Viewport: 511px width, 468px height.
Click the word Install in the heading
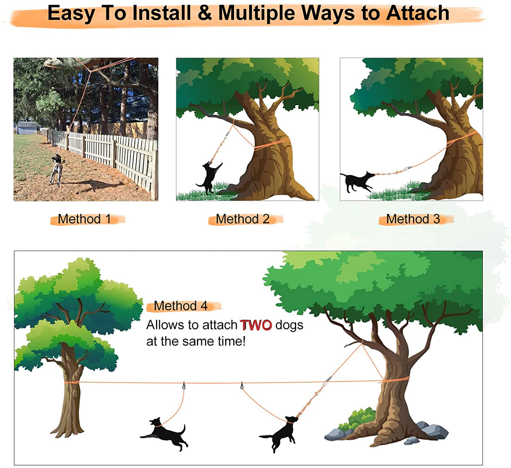coord(162,13)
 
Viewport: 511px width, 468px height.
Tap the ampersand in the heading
coord(204,13)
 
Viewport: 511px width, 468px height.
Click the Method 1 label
coord(84,219)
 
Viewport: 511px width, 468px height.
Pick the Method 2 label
coord(243,219)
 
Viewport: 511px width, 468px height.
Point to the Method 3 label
coord(413,219)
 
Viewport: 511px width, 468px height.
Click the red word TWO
coord(256,325)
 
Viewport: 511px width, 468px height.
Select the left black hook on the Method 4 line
coord(184,386)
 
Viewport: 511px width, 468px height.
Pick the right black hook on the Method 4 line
coord(242,386)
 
